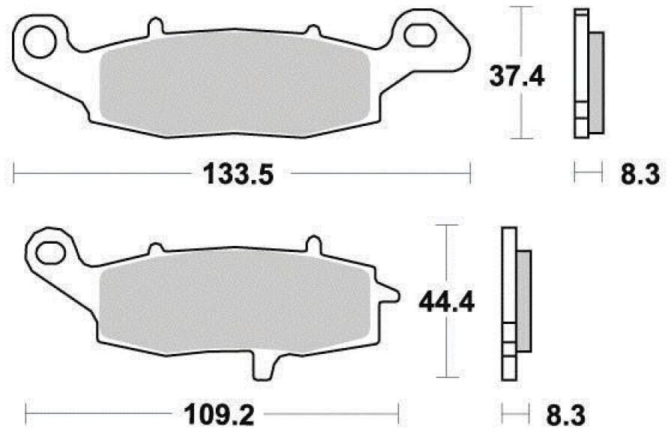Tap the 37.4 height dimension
pos(517,77)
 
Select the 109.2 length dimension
pos(219,415)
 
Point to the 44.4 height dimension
pos(446,302)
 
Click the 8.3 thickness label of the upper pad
pos(640,175)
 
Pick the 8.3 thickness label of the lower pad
pos(565,415)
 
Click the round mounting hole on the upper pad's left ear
pos(40,42)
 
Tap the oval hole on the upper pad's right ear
pos(420,35)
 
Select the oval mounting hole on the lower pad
pos(51,253)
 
